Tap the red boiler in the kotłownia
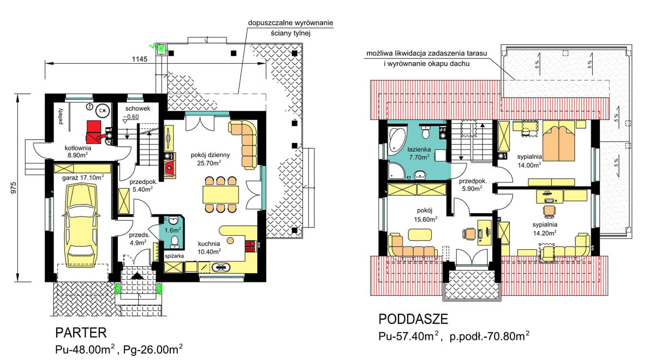click(x=94, y=131)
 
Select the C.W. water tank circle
click(x=103, y=110)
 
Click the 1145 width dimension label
click(x=140, y=59)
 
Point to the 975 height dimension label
click(x=14, y=188)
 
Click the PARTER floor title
click(x=81, y=333)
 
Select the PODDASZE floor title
click(x=413, y=319)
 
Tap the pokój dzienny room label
click(x=210, y=155)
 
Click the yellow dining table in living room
click(x=221, y=194)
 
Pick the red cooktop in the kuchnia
click(x=251, y=246)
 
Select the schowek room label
click(x=138, y=109)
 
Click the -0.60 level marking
click(x=131, y=117)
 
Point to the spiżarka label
click(x=174, y=256)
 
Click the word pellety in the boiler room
click(x=61, y=116)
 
